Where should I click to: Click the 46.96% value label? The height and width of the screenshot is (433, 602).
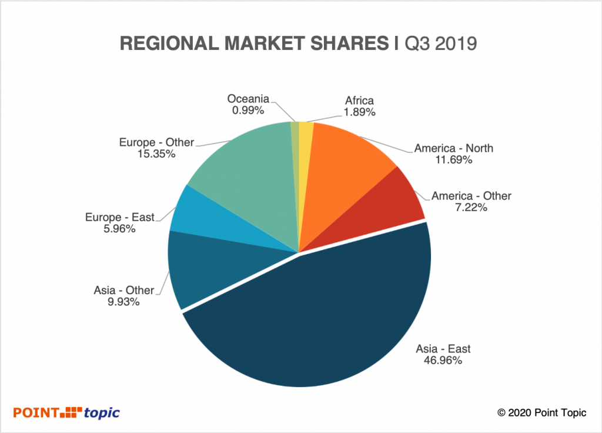tap(443, 361)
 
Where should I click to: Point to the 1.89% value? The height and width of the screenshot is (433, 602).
tap(358, 112)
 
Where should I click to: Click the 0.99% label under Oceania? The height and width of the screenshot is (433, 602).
tap(247, 109)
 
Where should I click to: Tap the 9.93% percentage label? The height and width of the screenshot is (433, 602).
tap(123, 302)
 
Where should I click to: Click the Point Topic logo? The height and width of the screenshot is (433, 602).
tap(66, 412)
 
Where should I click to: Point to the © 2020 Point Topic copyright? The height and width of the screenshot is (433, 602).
tap(541, 413)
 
